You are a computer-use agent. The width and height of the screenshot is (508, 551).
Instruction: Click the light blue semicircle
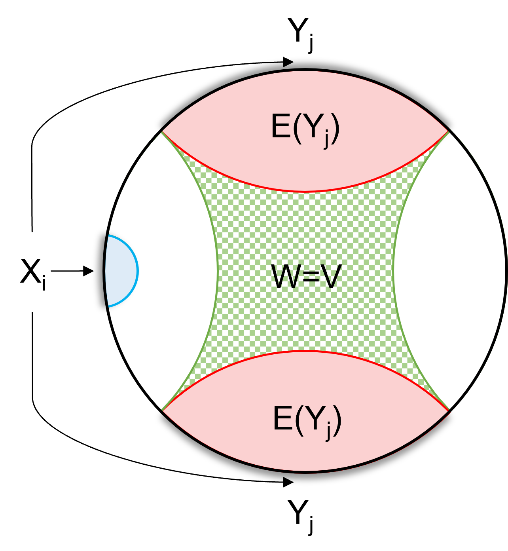(121, 271)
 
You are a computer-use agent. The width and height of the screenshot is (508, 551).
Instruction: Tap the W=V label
(306, 277)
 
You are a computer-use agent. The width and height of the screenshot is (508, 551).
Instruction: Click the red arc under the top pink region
(305, 192)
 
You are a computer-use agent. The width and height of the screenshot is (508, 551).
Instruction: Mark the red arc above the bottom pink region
(305, 351)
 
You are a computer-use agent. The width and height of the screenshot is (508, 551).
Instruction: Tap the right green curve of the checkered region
(394, 271)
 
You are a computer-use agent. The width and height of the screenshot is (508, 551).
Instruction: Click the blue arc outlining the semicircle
(137, 271)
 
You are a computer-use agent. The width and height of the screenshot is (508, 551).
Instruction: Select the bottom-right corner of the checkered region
(448, 409)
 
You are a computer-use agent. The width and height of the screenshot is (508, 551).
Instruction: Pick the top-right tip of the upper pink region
(448, 131)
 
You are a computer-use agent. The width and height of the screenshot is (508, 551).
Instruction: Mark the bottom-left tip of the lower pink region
(163, 410)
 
